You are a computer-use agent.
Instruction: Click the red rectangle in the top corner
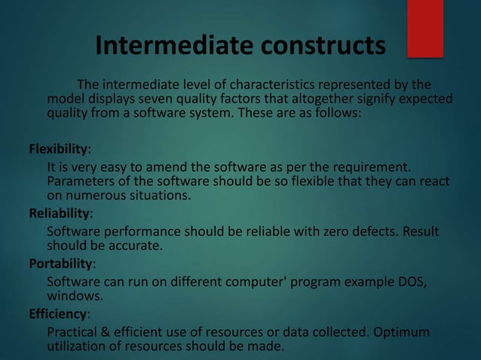[425, 28]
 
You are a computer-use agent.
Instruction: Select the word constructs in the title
[324, 46]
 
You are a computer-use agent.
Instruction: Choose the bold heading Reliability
[57, 214]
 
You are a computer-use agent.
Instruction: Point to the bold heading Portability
[60, 264]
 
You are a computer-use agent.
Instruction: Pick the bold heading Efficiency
[57, 314]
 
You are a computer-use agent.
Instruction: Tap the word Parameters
[80, 182]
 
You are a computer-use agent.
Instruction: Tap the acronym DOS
[412, 282]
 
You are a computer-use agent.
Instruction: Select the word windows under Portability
[74, 297]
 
